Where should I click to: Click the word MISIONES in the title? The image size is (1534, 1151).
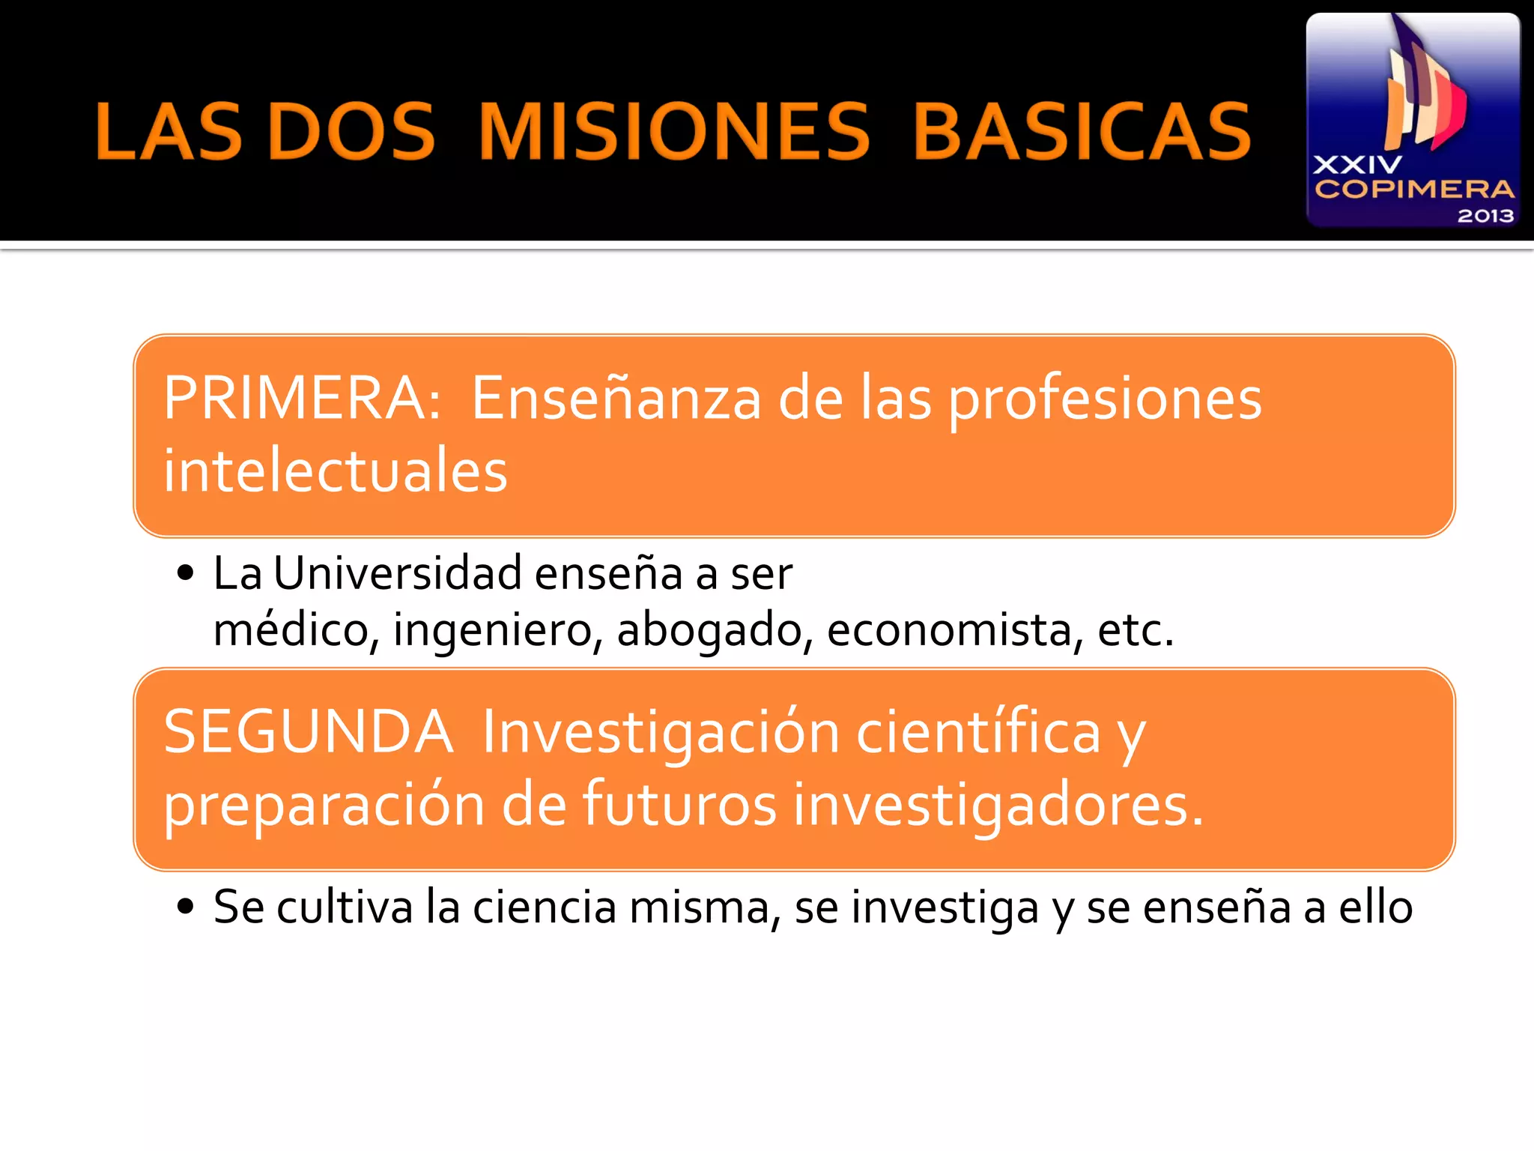[674, 132]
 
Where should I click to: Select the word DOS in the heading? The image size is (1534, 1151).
[351, 132]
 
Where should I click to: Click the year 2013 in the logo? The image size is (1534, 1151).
[1485, 216]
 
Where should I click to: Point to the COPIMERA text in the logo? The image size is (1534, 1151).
[1414, 189]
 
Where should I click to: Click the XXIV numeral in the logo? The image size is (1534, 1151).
[1357, 165]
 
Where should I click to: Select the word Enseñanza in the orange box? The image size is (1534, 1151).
[616, 398]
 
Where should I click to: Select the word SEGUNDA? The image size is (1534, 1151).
[308, 732]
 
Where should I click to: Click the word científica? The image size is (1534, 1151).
[978, 732]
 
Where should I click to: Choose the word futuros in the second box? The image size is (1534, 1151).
[679, 804]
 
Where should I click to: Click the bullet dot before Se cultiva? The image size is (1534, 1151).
[185, 907]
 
